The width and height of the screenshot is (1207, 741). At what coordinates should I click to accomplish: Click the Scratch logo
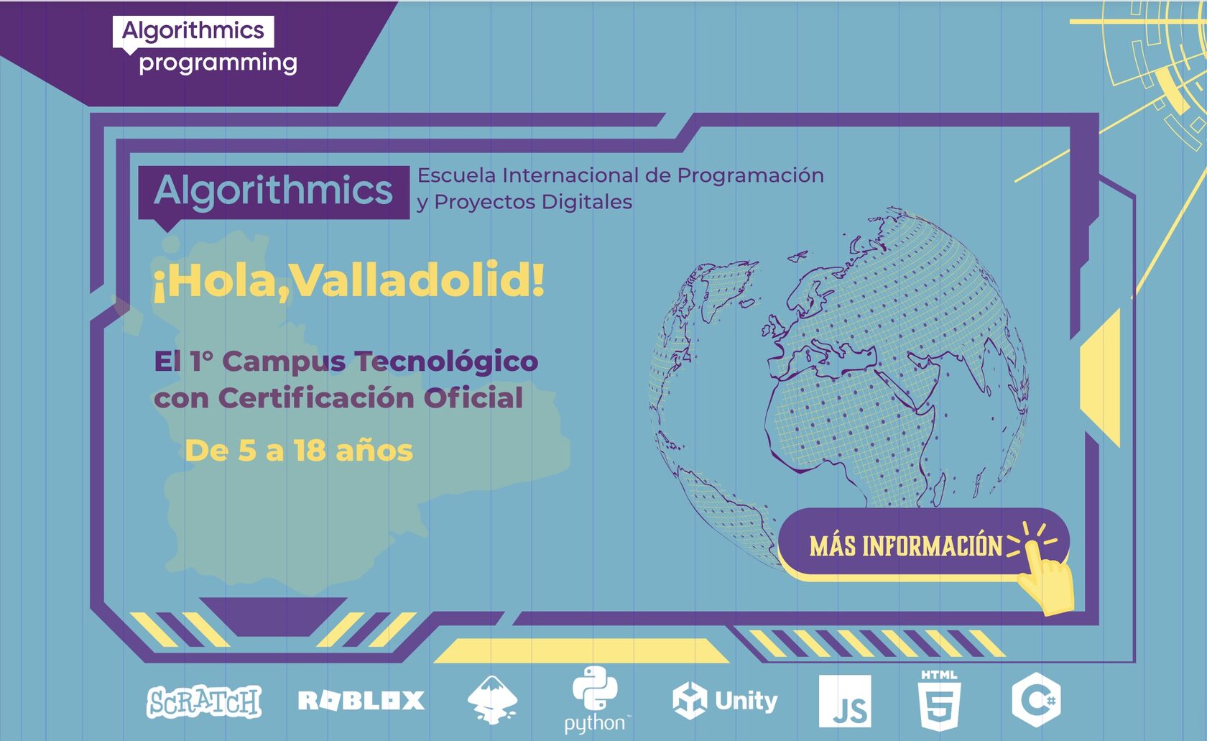click(204, 701)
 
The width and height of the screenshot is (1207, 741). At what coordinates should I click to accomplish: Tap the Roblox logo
click(361, 701)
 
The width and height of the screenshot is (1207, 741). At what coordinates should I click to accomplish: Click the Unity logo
click(725, 701)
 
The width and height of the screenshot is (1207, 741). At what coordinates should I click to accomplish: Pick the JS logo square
click(845, 701)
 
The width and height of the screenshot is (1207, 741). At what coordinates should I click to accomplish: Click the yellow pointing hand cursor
click(1048, 579)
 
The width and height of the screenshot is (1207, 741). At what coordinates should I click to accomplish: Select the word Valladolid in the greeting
click(417, 280)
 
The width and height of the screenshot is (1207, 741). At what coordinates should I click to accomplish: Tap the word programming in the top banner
click(218, 63)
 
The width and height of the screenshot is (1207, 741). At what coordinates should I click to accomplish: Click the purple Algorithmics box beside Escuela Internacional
click(273, 191)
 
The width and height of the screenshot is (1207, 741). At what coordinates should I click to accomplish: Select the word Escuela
click(457, 175)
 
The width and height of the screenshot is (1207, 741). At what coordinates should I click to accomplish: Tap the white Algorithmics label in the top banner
click(193, 31)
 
